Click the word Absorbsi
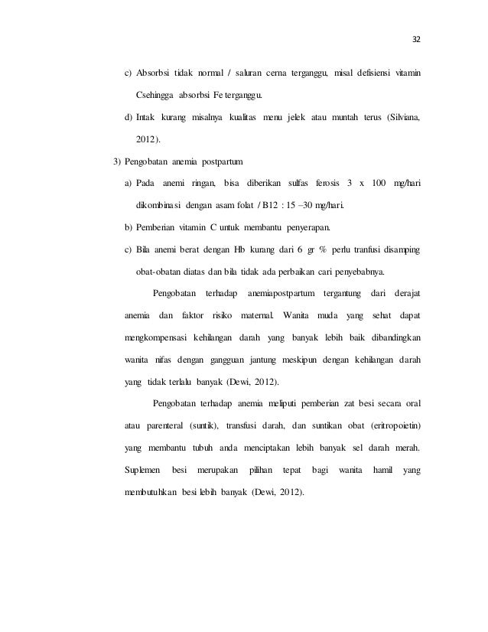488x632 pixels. pyautogui.click(x=156, y=73)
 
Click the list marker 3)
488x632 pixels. pyautogui.click(x=118, y=161)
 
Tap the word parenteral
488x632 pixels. pyautogui.click(x=170, y=425)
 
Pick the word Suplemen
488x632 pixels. pyautogui.click(x=143, y=469)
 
